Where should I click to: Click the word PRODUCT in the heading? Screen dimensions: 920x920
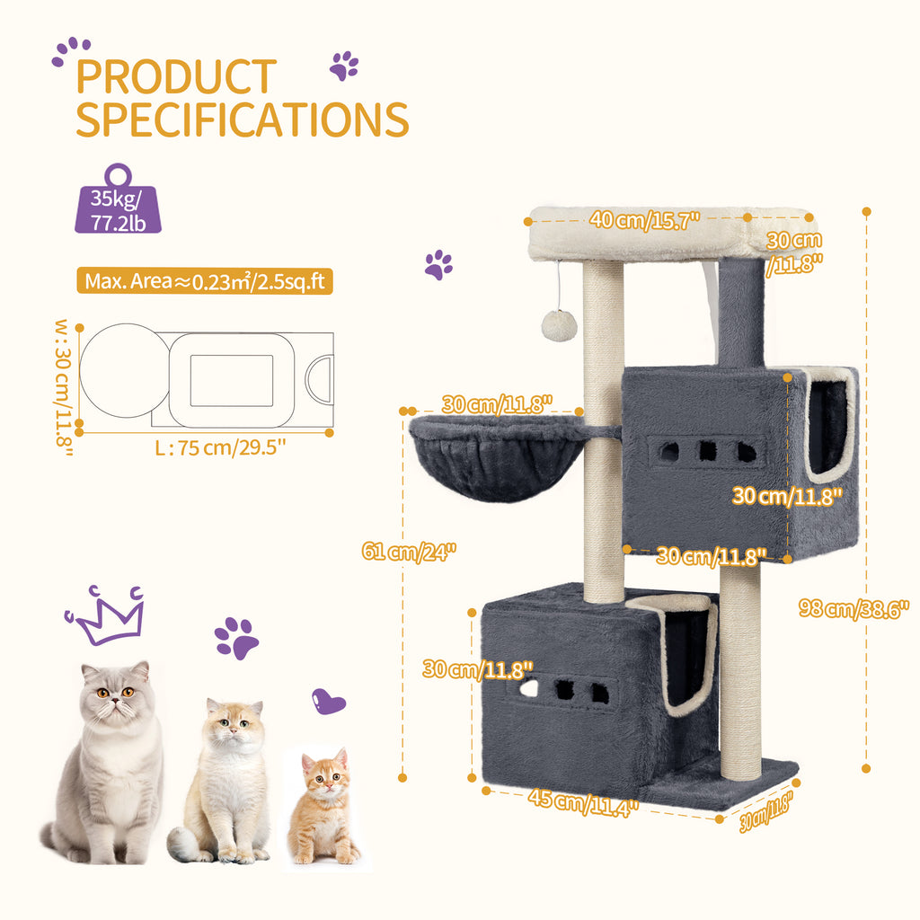tap(176, 76)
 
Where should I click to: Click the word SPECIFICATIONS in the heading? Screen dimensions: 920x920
tap(243, 119)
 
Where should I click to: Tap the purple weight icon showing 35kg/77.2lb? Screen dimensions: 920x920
tap(118, 199)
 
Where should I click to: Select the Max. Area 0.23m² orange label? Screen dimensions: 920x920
tap(205, 281)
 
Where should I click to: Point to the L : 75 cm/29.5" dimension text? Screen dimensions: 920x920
tap(221, 447)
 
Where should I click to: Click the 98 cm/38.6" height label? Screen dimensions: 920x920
tap(854, 608)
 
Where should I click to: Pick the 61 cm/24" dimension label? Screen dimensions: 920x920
tap(409, 552)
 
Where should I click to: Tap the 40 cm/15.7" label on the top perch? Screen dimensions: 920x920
tap(645, 220)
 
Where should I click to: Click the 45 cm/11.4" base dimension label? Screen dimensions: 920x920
tap(582, 802)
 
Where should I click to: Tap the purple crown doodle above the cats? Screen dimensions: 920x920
tap(106, 615)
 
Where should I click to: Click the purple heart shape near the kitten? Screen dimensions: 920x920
tap(328, 701)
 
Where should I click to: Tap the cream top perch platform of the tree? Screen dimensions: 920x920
tap(672, 234)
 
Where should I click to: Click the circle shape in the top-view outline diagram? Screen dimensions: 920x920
tap(125, 371)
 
